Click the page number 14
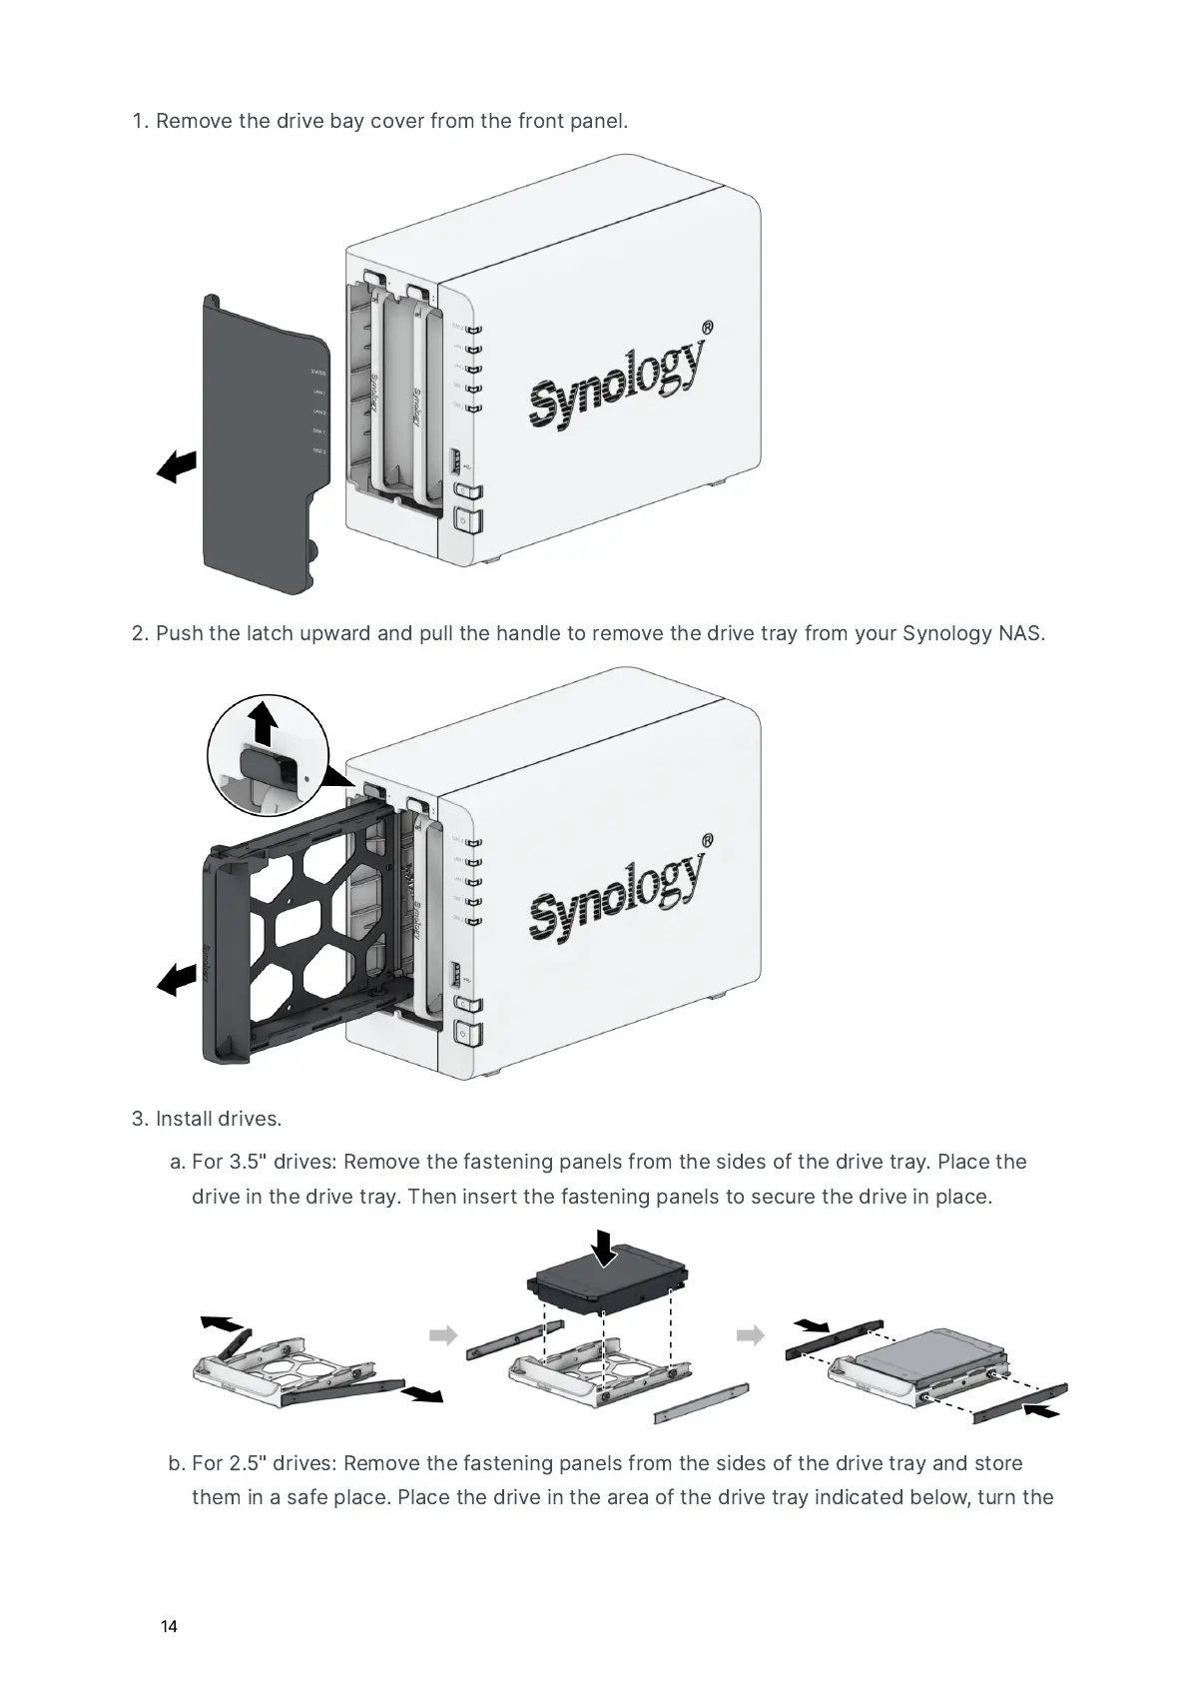click(169, 1627)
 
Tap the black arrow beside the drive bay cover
click(177, 466)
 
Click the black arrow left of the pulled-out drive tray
click(177, 979)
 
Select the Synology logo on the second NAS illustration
click(617, 892)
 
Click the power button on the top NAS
click(467, 520)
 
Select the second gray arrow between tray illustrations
click(751, 1335)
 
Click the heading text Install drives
click(219, 1118)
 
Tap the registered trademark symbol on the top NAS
click(707, 327)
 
